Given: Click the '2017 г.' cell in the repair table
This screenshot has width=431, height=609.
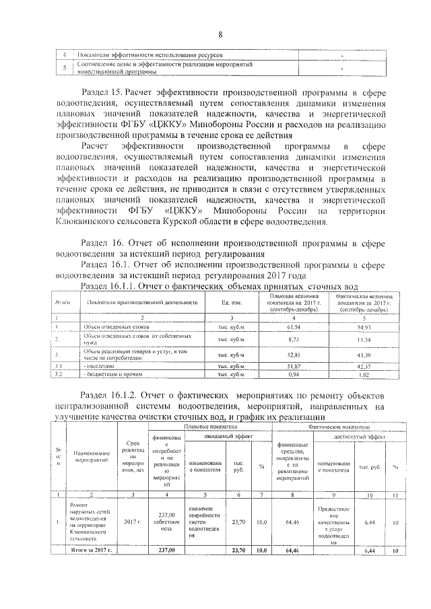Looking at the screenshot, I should [131, 521].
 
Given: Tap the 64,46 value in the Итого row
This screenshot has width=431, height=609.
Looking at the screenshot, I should [292, 550].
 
